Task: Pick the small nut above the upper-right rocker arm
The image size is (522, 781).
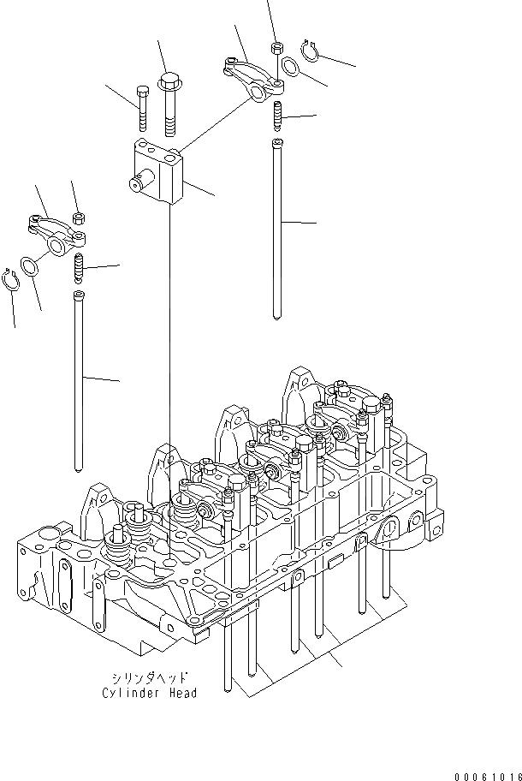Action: (x=276, y=48)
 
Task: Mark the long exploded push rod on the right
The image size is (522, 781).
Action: (x=277, y=227)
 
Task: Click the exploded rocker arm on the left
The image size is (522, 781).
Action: (x=50, y=235)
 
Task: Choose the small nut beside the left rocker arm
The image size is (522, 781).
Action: (x=77, y=218)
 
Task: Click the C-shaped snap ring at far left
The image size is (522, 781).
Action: (x=11, y=280)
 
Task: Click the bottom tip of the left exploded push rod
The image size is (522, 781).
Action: (x=79, y=467)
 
